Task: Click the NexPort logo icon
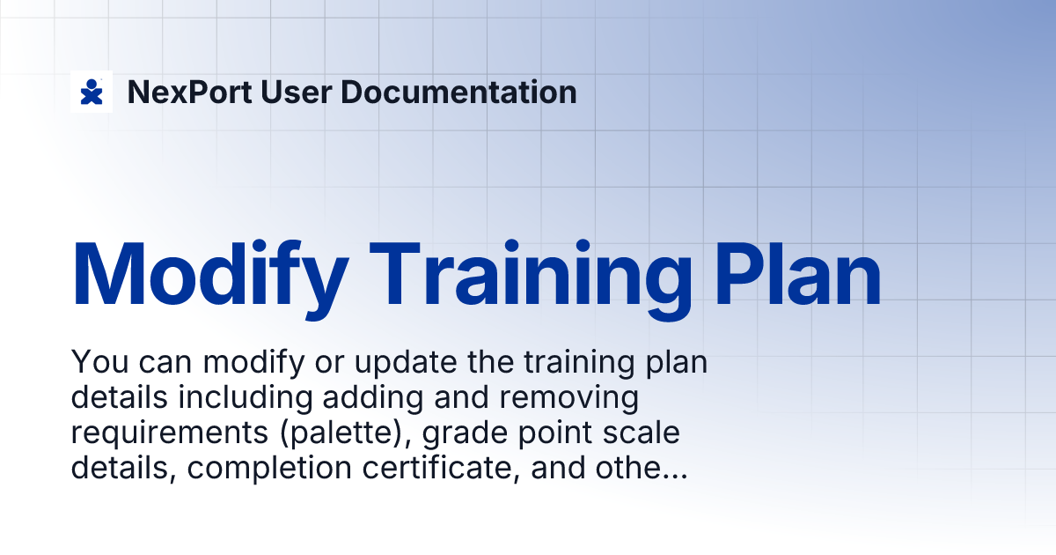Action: point(92,92)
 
